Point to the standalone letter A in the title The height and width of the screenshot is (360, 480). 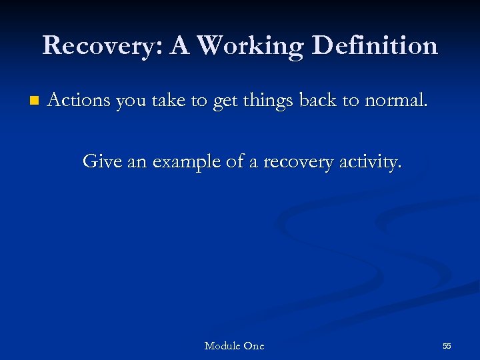180,46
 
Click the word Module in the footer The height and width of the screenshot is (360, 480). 223,345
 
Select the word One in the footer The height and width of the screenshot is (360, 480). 254,345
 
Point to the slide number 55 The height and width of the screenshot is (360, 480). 447,346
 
